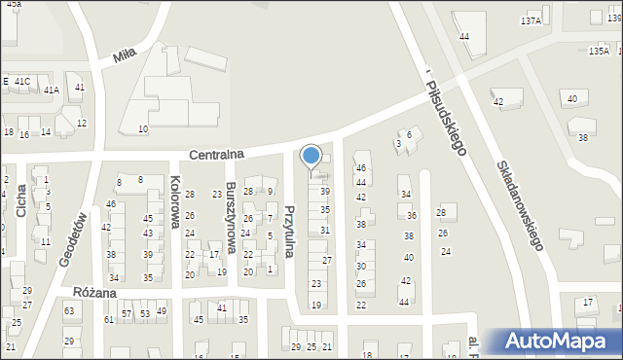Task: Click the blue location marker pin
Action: (x=311, y=156)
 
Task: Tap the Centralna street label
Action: (x=217, y=154)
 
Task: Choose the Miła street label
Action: (x=125, y=55)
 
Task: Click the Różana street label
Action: (x=94, y=292)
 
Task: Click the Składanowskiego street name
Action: (x=517, y=204)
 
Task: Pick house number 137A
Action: (x=531, y=20)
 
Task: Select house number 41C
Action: (x=22, y=82)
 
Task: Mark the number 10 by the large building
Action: (x=143, y=129)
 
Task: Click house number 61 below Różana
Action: (x=109, y=319)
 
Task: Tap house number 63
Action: (x=69, y=311)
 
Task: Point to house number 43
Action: (x=148, y=234)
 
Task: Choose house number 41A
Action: (x=52, y=90)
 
